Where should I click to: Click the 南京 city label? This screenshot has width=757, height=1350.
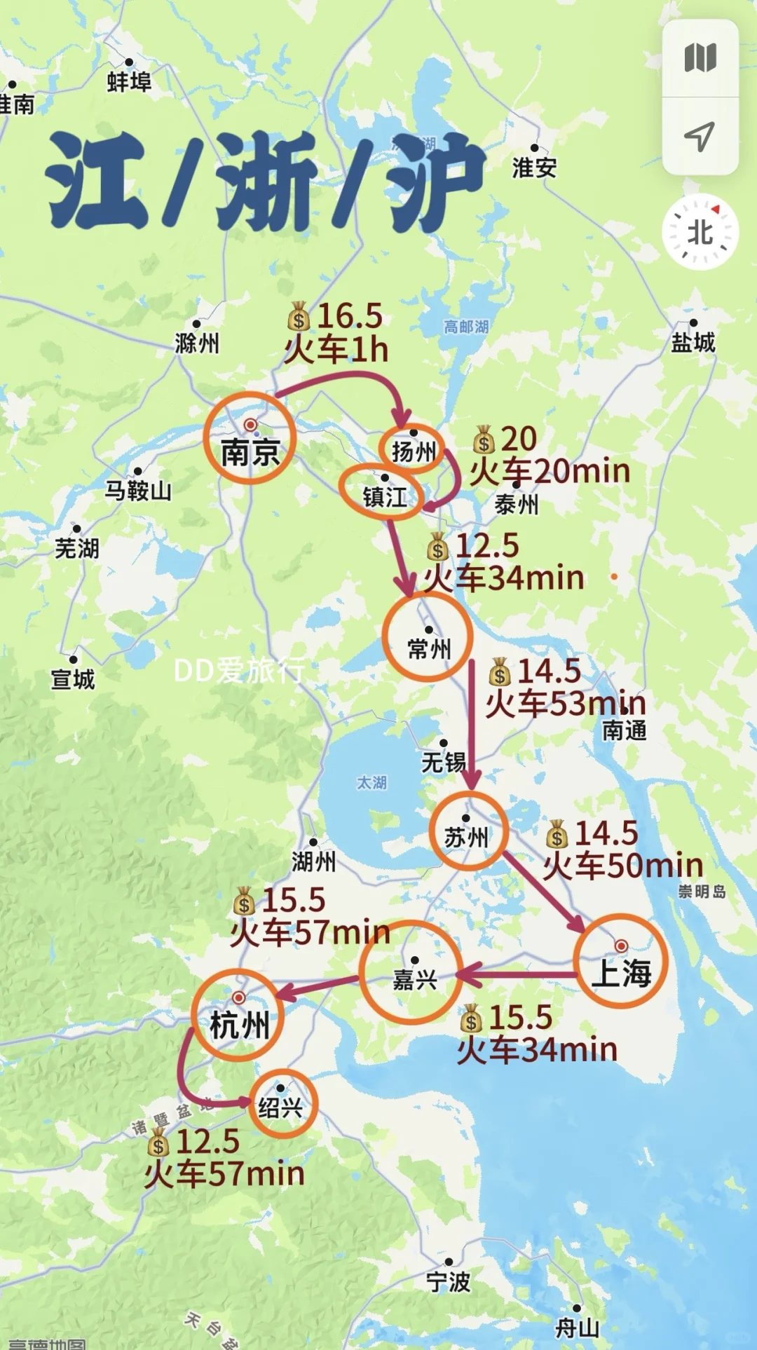coord(250,452)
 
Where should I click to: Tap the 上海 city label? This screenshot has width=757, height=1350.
coord(622,974)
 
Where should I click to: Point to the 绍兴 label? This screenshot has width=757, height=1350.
coord(280,1107)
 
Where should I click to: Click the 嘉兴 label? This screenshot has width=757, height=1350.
coord(415,979)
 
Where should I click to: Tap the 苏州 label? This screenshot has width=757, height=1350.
coord(466,837)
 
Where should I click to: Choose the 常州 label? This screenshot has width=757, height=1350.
coord(429,649)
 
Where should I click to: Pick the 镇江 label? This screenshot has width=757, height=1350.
coord(385,497)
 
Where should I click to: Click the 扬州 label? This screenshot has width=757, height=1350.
coord(414,452)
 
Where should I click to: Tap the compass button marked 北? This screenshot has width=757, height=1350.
coord(700,232)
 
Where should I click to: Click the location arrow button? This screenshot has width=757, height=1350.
coord(700,136)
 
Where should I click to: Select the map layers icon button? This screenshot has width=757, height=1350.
coord(700,57)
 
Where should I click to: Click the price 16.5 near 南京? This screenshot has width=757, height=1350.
coord(350,316)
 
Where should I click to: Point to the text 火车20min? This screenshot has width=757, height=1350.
coord(550,471)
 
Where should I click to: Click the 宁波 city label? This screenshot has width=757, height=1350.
coord(449,1282)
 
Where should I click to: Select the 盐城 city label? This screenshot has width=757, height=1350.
coord(693,342)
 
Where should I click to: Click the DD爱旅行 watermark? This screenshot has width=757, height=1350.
coord(239,671)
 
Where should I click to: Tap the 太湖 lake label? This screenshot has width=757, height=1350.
coord(371,782)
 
